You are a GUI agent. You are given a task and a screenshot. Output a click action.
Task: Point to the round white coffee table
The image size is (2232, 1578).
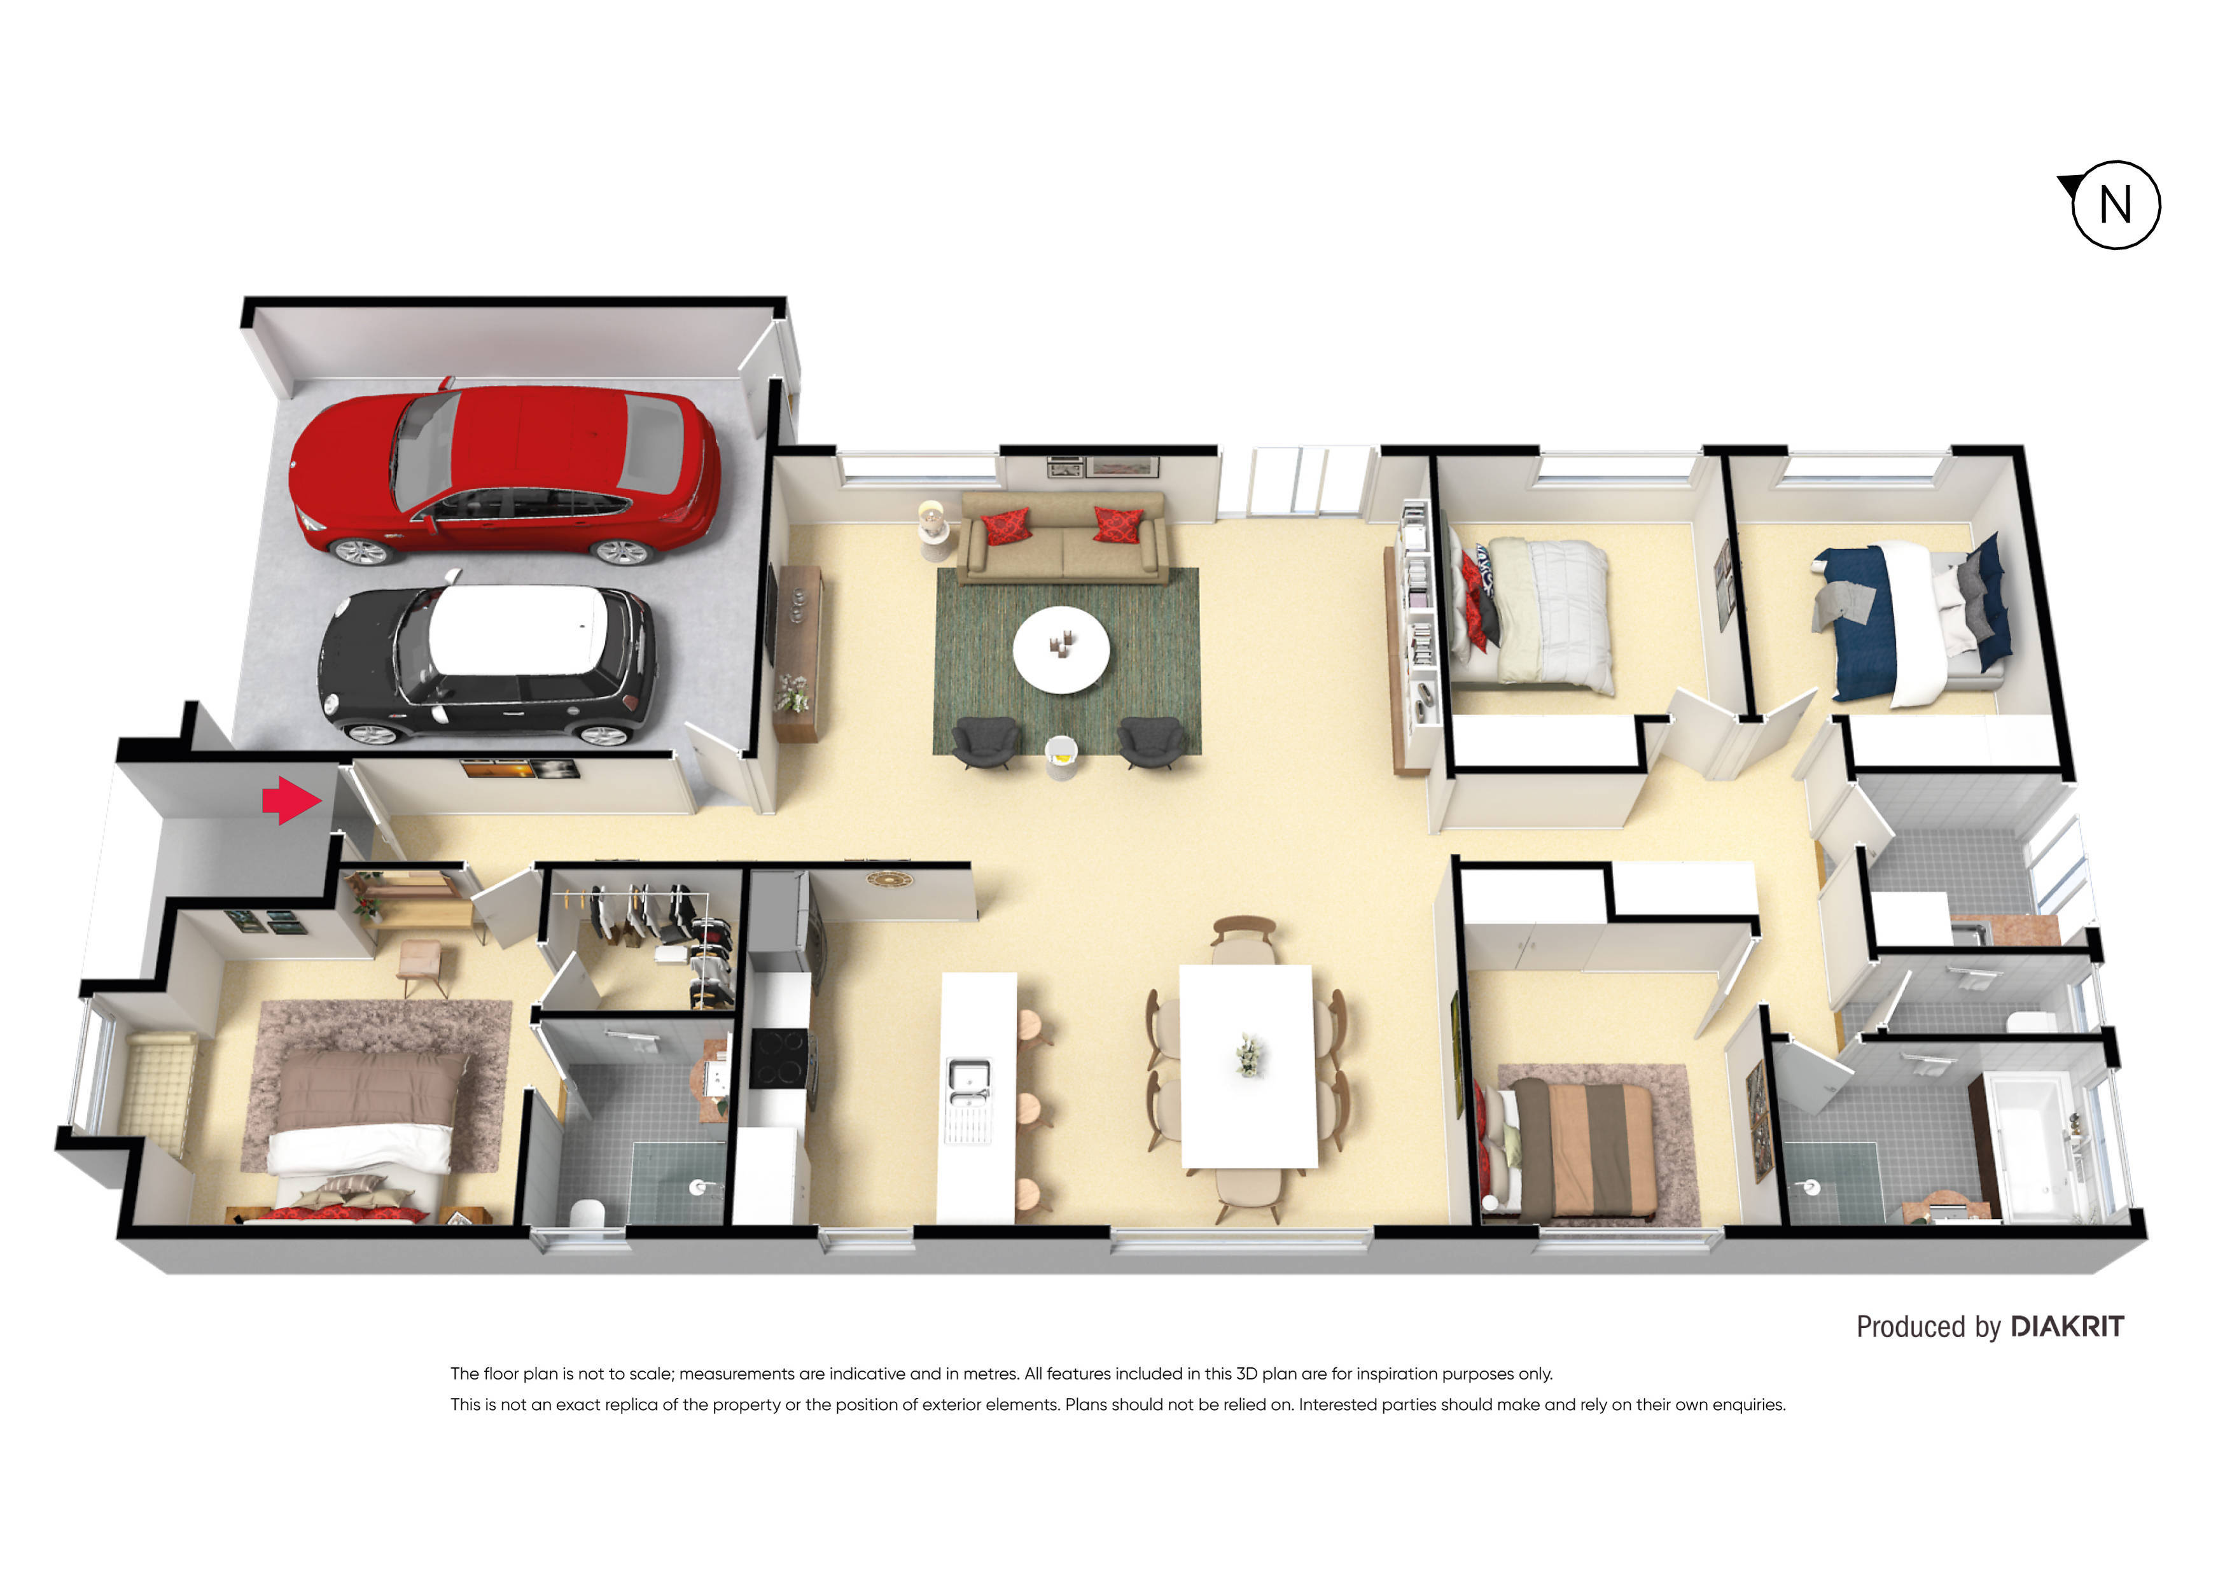1061,648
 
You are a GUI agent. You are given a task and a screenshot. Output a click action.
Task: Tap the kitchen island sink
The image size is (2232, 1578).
968,1083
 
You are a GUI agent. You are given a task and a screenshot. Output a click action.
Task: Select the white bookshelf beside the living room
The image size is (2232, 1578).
1416,632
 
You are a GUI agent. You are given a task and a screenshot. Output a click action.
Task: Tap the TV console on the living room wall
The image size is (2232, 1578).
797,652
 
